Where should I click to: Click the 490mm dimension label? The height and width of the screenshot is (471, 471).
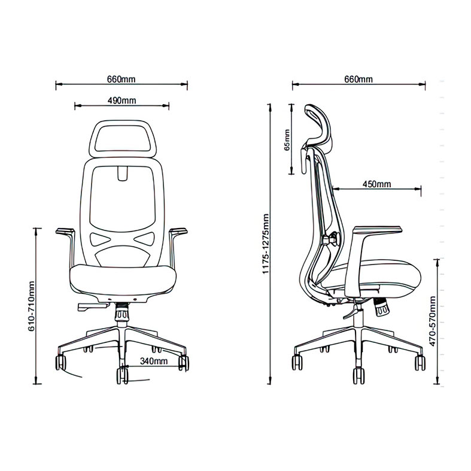click(121, 101)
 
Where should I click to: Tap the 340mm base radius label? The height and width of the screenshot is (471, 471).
click(154, 361)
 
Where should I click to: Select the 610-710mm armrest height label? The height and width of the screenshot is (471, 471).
click(32, 306)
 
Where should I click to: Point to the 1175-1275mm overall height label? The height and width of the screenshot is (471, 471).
click(266, 244)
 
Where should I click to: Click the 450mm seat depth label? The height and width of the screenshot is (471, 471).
click(376, 184)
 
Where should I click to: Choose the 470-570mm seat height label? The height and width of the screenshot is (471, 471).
click(432, 321)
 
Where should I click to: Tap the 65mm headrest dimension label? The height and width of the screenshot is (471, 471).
click(287, 140)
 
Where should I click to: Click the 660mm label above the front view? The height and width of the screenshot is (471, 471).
click(121, 80)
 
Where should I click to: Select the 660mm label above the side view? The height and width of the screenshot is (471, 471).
click(358, 80)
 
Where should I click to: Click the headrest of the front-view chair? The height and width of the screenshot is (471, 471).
click(123, 122)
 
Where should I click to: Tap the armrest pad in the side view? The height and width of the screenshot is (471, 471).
click(378, 230)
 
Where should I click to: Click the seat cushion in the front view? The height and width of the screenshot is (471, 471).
click(123, 279)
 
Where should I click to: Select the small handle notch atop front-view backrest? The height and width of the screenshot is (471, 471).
click(123, 174)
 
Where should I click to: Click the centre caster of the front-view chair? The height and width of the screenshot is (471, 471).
click(123, 375)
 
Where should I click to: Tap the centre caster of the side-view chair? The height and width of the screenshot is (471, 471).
click(358, 375)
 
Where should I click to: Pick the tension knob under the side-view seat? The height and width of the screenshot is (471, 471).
click(381, 307)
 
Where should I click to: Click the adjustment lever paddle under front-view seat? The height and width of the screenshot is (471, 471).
click(93, 306)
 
